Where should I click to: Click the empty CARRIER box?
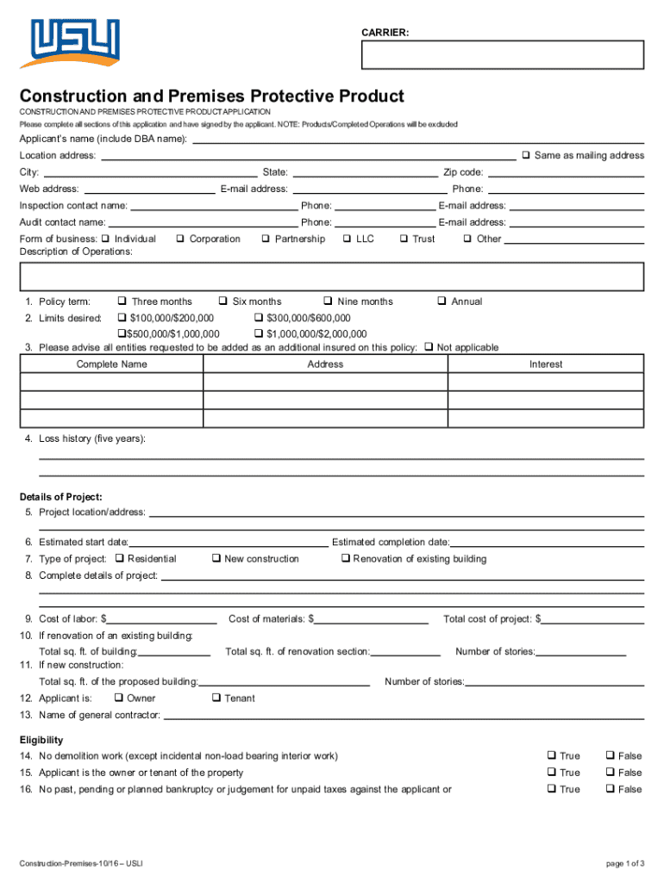coord(502,55)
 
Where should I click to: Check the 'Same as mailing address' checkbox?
coord(525,156)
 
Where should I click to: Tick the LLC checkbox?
coord(347,239)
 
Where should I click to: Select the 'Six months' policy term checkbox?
coord(222,301)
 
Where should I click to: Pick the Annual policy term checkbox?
coord(442,301)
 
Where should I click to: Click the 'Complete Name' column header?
coord(111,364)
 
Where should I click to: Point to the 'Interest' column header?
coord(545,364)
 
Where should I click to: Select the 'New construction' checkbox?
coord(216,559)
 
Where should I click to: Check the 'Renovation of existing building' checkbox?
coord(345,559)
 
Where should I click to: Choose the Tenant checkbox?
coord(216,699)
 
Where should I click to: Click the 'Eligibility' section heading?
coord(41,740)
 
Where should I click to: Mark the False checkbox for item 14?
coord(611,756)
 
